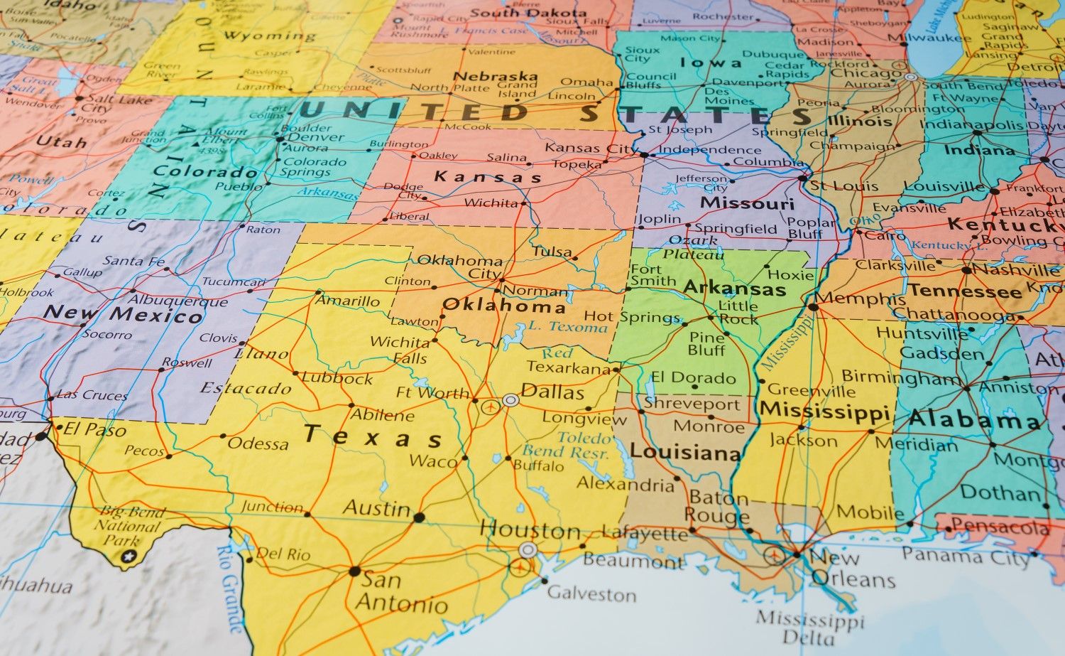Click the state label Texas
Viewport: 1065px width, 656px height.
click(373, 434)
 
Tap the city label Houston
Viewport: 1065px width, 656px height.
click(530, 529)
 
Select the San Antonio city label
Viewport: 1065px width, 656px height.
click(401, 592)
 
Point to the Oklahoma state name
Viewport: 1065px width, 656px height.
click(503, 306)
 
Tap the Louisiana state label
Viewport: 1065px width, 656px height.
click(685, 452)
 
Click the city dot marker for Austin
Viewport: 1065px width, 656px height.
click(419, 517)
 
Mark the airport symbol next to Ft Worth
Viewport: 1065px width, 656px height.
click(489, 407)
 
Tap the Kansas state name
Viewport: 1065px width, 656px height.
click(488, 177)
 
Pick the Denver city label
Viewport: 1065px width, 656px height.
click(316, 136)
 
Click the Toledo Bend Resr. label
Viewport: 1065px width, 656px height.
click(567, 445)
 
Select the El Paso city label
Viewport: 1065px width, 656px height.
click(94, 429)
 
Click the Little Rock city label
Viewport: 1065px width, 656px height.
click(738, 313)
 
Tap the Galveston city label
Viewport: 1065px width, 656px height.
click(591, 593)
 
